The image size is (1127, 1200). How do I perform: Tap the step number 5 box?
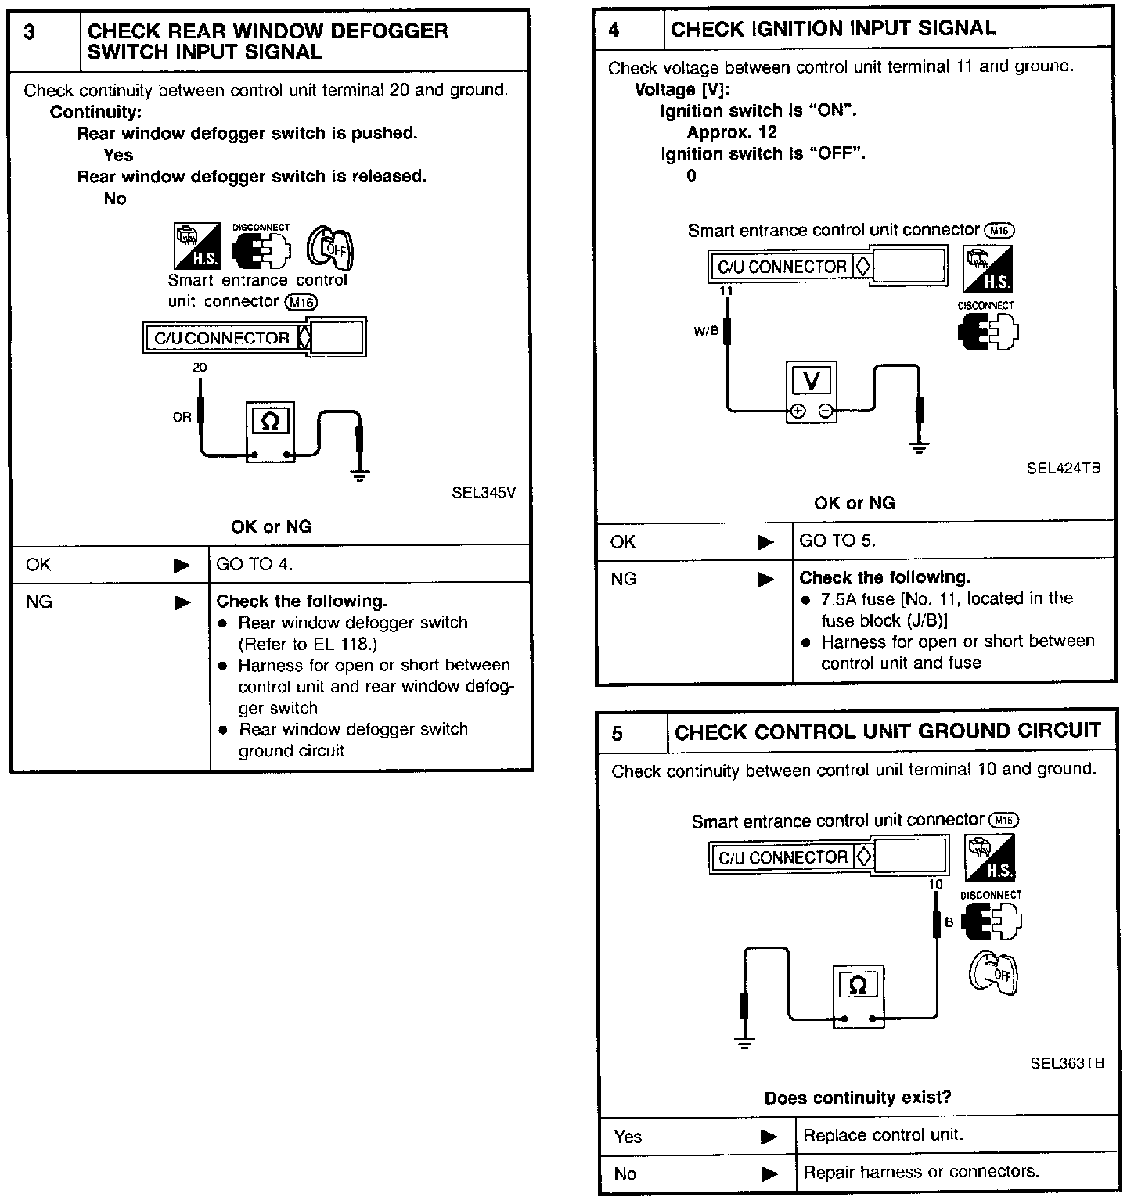(x=618, y=733)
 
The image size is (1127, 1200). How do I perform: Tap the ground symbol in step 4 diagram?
(x=919, y=447)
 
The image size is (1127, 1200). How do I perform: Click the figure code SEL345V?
(x=484, y=493)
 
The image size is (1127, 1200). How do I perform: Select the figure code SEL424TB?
(x=1064, y=469)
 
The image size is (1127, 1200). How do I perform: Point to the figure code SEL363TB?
(x=1067, y=1063)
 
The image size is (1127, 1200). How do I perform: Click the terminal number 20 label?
(x=200, y=367)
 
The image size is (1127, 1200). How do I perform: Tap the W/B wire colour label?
(x=705, y=331)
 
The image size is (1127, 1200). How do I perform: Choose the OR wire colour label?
(x=182, y=417)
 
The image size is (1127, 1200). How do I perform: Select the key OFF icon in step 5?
(x=993, y=973)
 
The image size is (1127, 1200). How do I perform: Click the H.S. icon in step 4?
(x=988, y=270)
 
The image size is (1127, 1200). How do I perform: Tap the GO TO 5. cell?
(x=837, y=541)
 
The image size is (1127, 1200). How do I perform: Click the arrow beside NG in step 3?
(x=182, y=602)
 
